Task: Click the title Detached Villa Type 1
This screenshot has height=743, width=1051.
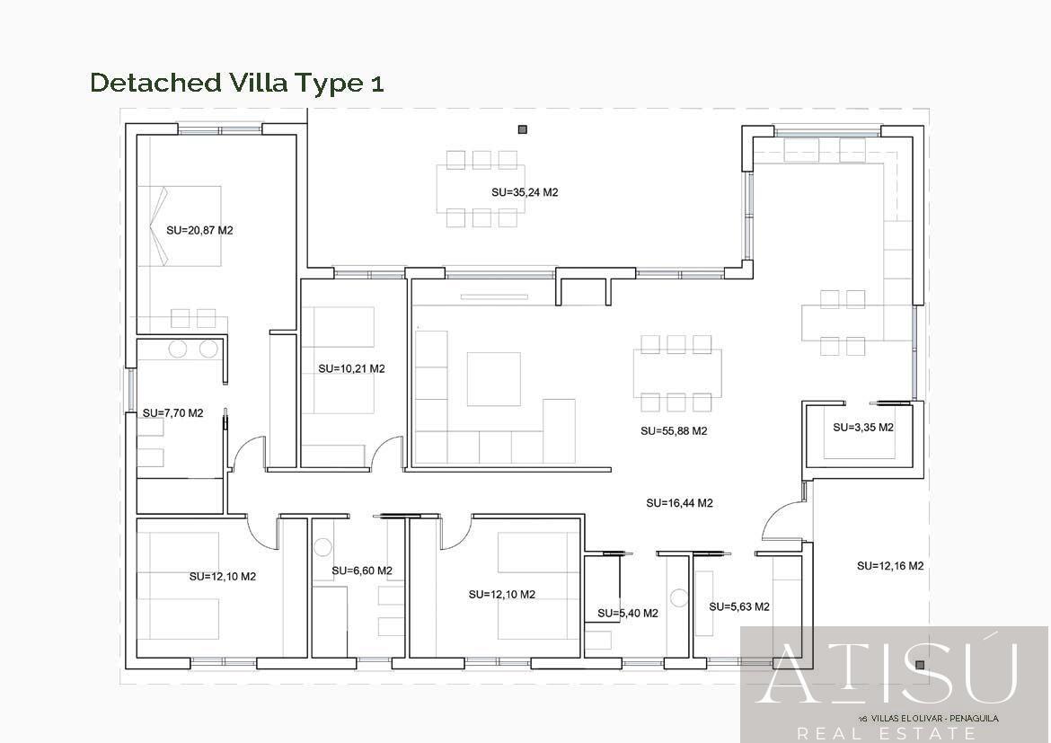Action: click(237, 83)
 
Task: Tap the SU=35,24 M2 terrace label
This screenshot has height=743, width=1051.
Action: click(525, 192)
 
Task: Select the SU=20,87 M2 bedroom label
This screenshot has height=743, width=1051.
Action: click(199, 230)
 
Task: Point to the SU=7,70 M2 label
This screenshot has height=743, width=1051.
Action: click(172, 413)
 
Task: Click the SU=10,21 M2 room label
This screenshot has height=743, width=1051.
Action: click(351, 368)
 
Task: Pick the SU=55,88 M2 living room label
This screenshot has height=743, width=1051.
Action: click(674, 430)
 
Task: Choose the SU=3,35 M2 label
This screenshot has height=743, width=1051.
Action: click(862, 427)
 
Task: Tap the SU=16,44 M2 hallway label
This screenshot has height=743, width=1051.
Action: click(679, 503)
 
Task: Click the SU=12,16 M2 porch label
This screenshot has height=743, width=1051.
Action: click(890, 566)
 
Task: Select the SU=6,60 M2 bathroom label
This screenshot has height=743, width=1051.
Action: click(361, 571)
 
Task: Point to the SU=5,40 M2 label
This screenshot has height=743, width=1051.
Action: click(627, 614)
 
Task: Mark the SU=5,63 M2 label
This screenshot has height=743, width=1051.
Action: click(738, 606)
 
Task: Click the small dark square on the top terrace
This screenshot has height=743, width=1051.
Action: click(522, 130)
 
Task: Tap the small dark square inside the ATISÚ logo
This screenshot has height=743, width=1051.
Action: click(920, 665)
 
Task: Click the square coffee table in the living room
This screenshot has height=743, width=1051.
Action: click(493, 379)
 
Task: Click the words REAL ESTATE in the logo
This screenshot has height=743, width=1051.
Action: click(885, 733)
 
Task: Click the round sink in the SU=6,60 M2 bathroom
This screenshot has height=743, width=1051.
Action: click(323, 546)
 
